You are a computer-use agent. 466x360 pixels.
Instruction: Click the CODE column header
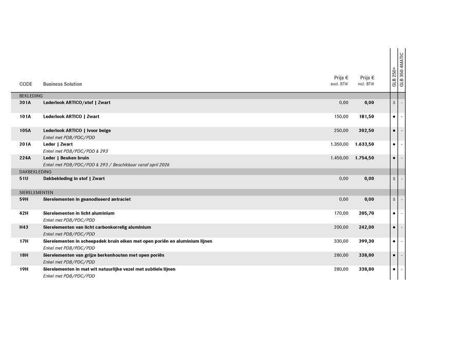tap(26, 84)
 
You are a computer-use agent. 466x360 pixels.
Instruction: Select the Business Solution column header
tap(62, 84)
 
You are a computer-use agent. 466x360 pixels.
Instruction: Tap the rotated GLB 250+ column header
tap(395, 76)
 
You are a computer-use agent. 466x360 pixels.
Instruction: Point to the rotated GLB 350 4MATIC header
tap(402, 69)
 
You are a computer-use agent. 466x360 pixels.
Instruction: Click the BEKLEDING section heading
tap(31, 96)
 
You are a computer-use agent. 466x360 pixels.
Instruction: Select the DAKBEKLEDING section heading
tap(35, 172)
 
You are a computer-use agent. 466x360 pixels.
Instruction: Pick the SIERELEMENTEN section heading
tap(36, 192)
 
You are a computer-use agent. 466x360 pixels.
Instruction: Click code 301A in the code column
tap(25, 102)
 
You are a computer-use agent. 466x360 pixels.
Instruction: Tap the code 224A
tap(25, 158)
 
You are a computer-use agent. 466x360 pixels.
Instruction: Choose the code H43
tap(24, 227)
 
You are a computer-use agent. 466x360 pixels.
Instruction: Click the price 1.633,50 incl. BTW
tap(364, 144)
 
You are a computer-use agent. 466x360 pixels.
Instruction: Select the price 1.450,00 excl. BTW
tap(339, 158)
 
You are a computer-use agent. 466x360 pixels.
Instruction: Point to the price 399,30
tap(366, 241)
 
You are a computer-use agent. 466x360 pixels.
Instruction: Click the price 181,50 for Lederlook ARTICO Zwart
tap(366, 116)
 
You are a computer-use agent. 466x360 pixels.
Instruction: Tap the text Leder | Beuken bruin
tap(66, 158)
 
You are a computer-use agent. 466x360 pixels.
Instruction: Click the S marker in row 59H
tap(394, 200)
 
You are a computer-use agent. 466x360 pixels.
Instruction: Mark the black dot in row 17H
tap(394, 241)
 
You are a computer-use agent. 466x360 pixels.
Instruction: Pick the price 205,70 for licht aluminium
tap(366, 213)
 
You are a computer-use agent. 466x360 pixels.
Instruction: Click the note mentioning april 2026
tap(106, 165)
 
